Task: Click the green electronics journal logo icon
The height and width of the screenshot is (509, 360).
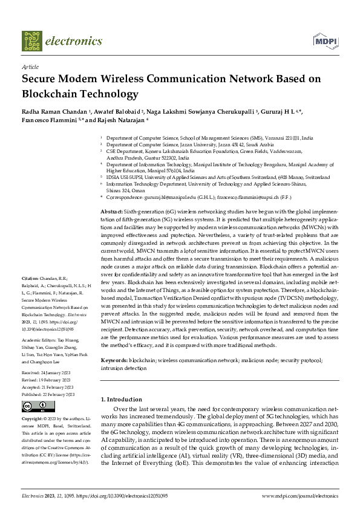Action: [31, 41]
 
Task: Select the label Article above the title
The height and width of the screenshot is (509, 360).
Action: [30, 66]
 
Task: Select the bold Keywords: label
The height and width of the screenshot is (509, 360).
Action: [114, 360]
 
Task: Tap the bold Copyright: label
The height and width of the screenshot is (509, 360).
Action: [34, 418]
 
